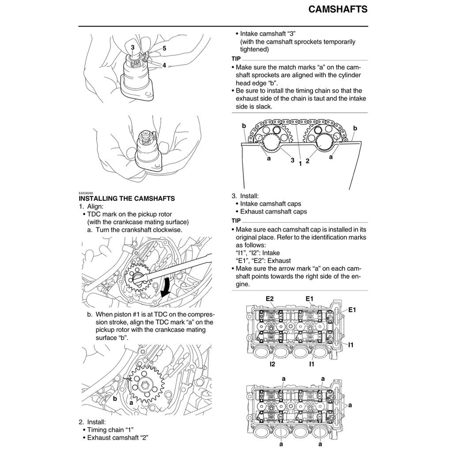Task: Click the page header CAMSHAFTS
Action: point(338,9)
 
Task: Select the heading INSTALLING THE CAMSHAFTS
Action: point(127,199)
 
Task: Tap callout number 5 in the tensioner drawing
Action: point(164,49)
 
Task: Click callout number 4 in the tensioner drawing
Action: point(164,65)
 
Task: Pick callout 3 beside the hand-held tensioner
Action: point(132,47)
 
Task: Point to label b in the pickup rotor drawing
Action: point(114,398)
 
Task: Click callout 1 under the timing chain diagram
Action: point(300,163)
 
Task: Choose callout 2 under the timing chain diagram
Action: point(307,161)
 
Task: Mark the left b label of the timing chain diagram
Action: point(243,126)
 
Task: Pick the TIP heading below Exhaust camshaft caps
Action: point(236,220)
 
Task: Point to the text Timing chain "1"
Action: point(110,429)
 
